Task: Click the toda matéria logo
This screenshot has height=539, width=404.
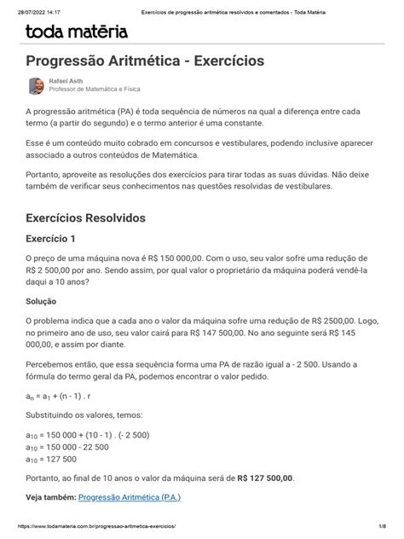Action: [x=78, y=33]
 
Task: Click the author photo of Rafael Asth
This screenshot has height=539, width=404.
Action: [x=36, y=85]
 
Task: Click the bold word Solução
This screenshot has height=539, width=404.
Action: [x=45, y=302]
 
